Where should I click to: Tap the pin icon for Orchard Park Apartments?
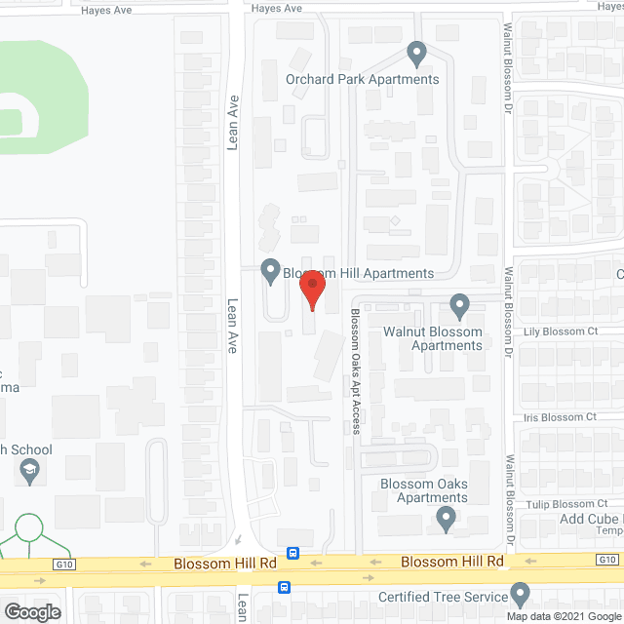pos(417,52)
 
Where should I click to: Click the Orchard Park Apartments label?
pos(363,79)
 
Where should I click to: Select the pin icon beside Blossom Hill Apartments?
pos(271,270)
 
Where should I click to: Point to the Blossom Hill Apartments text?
pos(358,274)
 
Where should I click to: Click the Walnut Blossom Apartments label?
pos(447,338)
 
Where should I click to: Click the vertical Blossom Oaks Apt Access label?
pos(356,371)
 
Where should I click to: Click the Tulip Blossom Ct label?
pos(560,504)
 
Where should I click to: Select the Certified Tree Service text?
pos(444,597)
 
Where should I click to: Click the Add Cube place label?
pos(591,518)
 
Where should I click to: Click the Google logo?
pos(31,611)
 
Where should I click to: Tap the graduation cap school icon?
pos(30,472)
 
